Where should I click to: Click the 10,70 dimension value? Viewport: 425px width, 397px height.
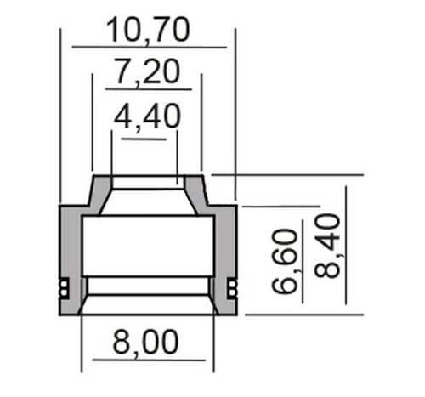click(148, 30)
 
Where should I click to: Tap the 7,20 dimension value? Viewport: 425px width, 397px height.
click(148, 71)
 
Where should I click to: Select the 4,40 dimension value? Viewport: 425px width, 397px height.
click(147, 116)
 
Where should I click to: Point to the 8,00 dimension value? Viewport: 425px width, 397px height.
click(145, 342)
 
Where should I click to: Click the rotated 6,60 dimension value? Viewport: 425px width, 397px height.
click(285, 261)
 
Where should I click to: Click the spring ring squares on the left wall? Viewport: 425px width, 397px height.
click(64, 288)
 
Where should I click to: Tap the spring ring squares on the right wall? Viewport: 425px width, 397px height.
click(232, 288)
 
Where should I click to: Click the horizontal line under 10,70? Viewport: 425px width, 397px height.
click(150, 47)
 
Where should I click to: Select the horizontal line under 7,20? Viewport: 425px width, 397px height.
click(148, 89)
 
